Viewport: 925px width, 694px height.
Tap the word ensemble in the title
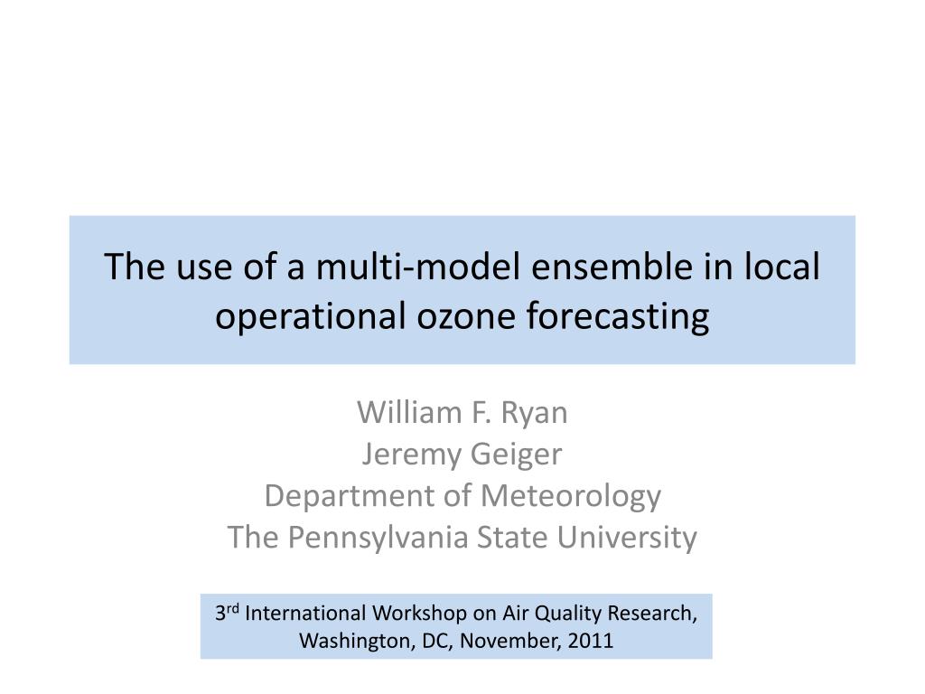tap(612, 267)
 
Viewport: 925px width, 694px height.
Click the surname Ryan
tap(535, 414)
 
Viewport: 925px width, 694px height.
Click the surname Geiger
tap(517, 455)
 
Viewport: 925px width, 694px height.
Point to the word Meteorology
tap(571, 497)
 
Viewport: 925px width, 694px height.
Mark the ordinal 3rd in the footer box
tap(227, 612)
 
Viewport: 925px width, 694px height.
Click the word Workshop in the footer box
tap(419, 614)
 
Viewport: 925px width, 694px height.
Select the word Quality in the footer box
tap(568, 614)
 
